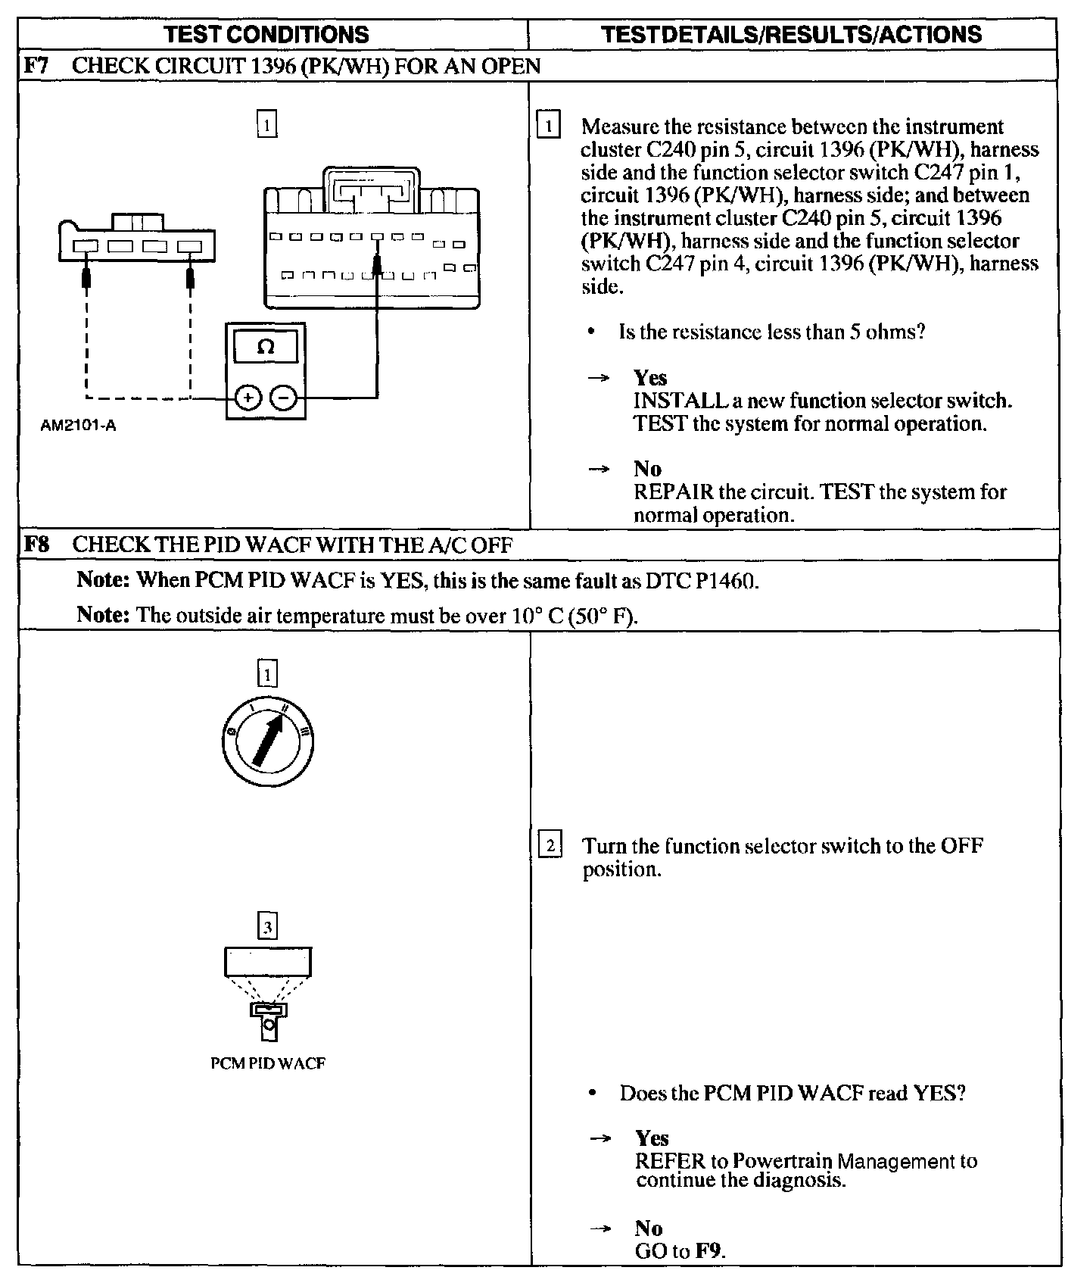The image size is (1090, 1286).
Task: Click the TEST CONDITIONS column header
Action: tap(267, 34)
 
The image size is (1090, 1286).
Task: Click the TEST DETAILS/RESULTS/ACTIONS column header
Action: tap(791, 34)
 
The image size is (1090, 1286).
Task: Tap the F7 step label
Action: tap(36, 66)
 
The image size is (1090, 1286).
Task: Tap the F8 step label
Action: tap(36, 545)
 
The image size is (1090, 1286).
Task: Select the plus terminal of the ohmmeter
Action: tap(248, 397)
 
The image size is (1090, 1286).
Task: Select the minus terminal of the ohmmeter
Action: tap(284, 397)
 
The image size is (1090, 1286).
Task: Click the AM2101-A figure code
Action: tap(78, 426)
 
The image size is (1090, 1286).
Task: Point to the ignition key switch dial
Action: tap(268, 738)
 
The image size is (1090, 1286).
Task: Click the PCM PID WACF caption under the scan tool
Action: tap(268, 1063)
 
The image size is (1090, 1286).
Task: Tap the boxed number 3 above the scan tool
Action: tap(268, 927)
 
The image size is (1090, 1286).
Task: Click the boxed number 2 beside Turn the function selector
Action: tap(550, 844)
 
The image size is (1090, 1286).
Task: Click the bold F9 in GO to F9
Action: tap(708, 1251)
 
